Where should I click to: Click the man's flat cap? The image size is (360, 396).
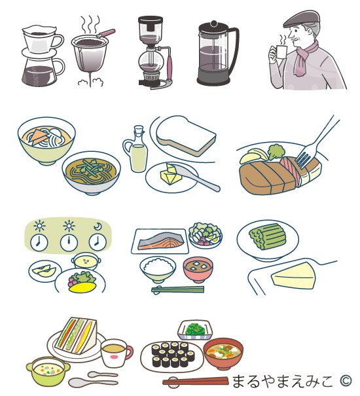pos(301,18)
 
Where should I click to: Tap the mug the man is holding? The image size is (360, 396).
pos(281,52)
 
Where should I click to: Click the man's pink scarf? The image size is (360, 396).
pos(304,58)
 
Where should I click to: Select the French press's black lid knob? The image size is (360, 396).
pos(214,24)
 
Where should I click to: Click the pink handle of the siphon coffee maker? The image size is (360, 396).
pos(170,67)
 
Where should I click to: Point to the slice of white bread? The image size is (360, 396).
pos(186,136)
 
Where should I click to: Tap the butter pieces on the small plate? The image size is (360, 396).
pos(171,175)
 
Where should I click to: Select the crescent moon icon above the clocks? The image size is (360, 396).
pos(98,226)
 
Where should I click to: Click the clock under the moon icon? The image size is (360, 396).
pos(98,242)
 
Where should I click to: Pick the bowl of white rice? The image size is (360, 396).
pos(158,269)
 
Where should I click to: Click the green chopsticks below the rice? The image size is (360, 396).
pos(177,289)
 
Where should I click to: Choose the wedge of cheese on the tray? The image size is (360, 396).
pos(294,276)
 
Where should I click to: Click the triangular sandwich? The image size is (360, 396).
pos(77,335)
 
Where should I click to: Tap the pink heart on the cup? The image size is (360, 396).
pos(114,357)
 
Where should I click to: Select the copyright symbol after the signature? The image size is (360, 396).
pos(346,380)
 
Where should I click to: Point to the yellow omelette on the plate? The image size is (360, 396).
pos(82,287)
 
